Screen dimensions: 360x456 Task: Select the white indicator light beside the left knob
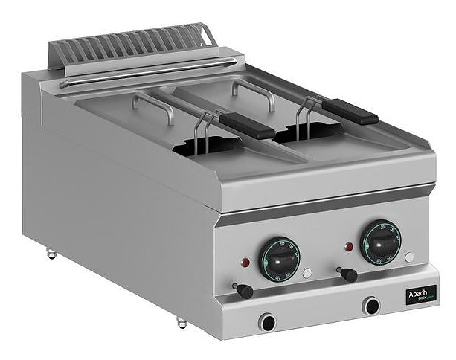tap(306, 273)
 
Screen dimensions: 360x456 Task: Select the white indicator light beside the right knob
tap(409, 257)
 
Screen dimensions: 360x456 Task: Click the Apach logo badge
tap(421, 295)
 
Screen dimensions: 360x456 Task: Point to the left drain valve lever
tap(243, 289)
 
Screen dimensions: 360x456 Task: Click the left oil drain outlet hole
tap(267, 321)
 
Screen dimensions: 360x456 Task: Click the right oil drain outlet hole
tap(370, 304)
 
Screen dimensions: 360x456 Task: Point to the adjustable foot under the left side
tap(52, 254)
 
